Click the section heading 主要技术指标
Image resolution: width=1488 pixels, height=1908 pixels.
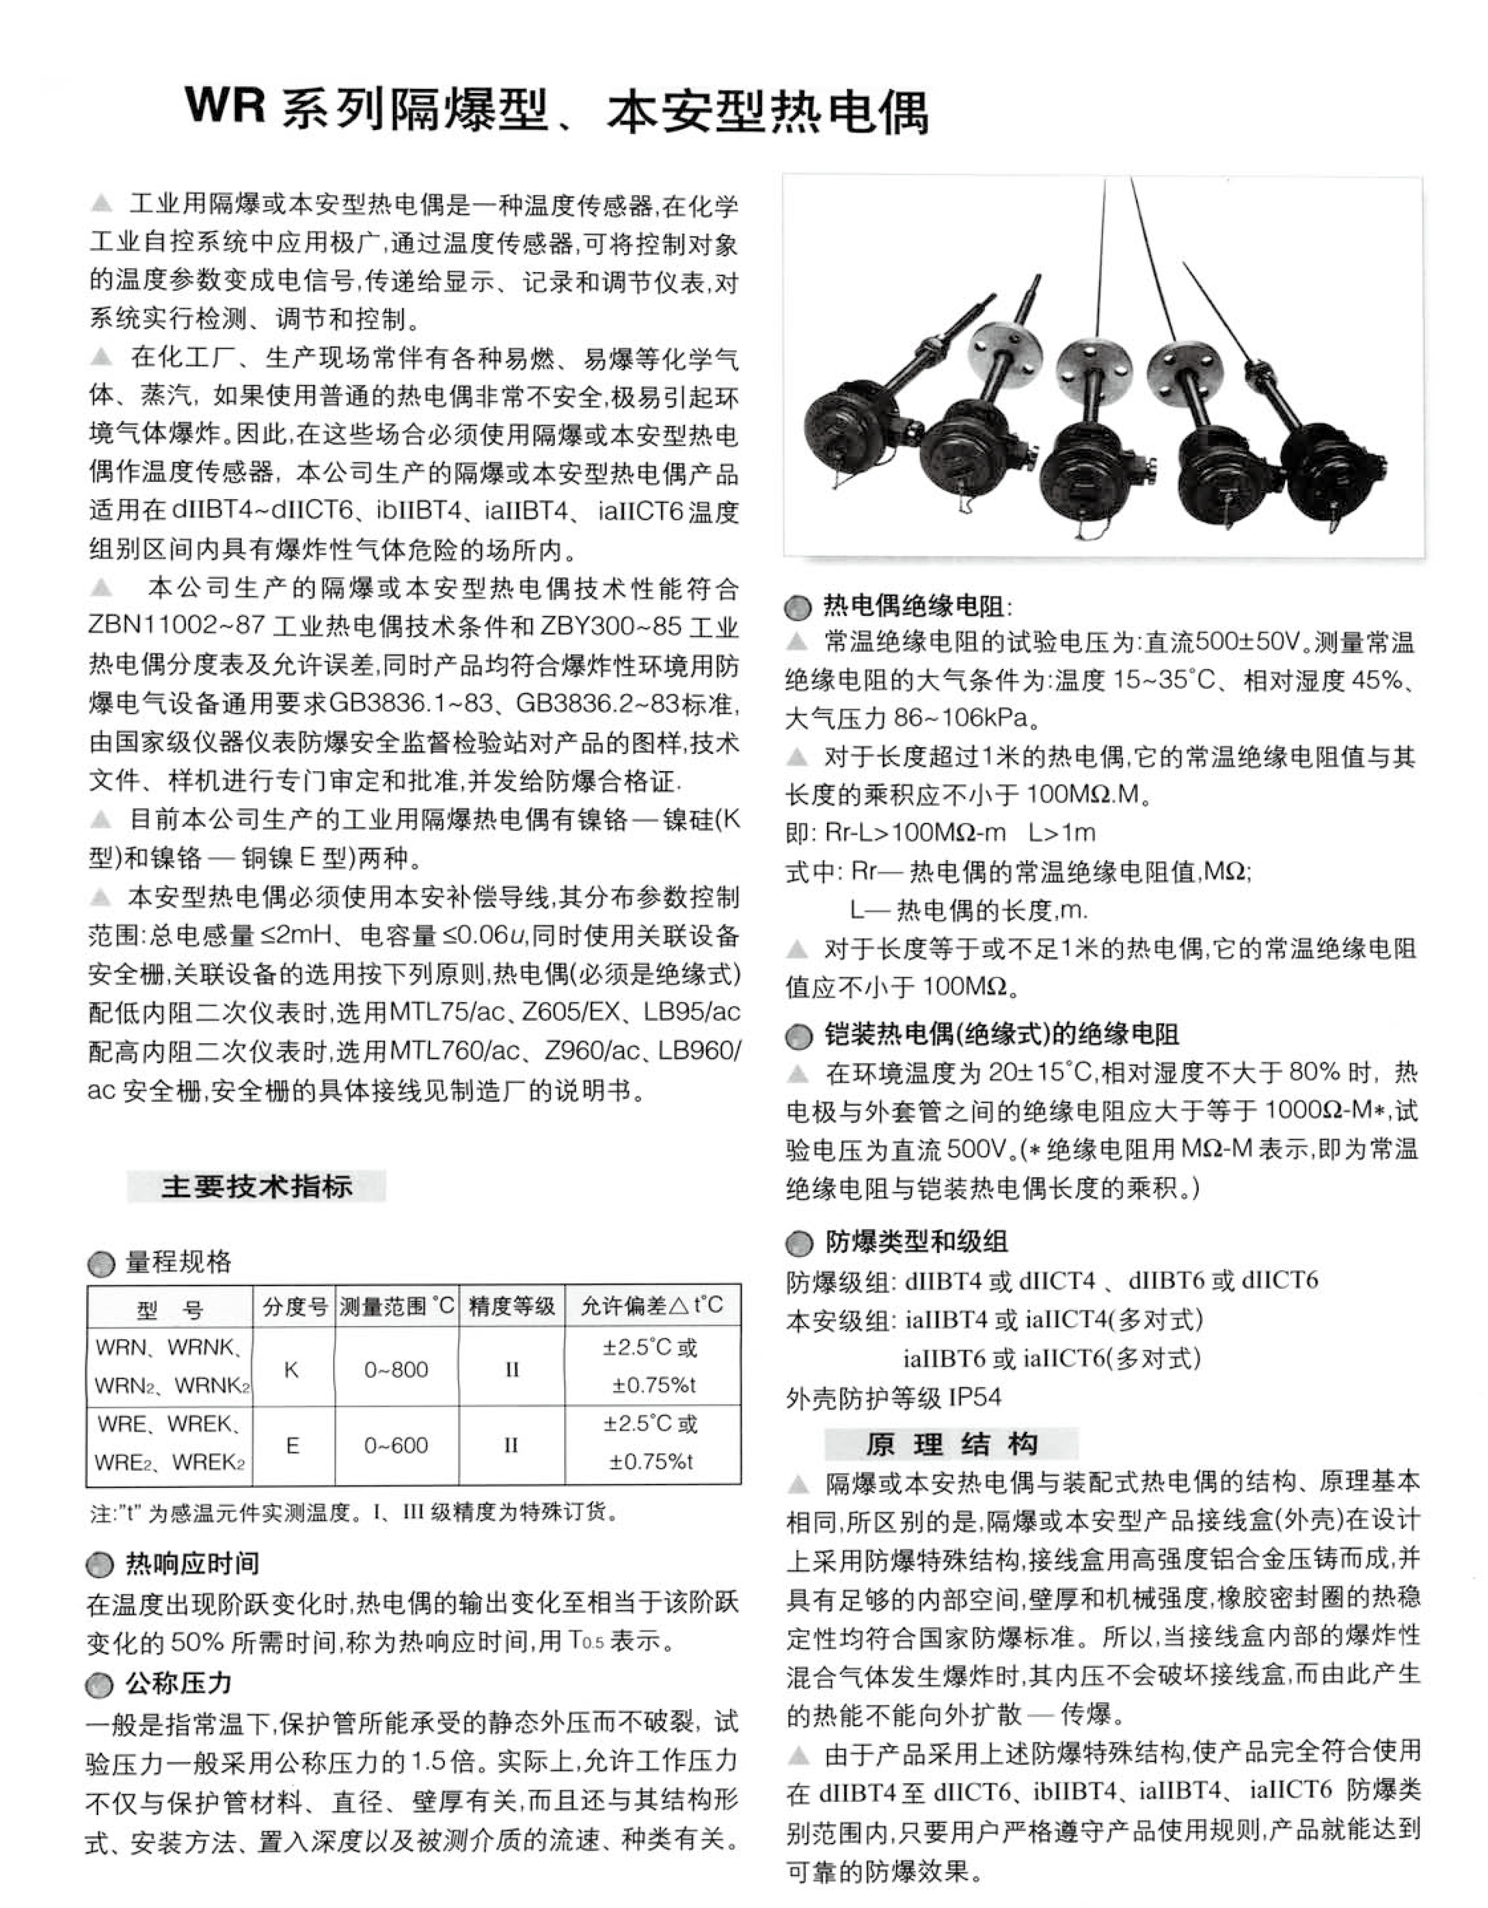[x=256, y=1186]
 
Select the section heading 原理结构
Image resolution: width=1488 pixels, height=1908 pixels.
[x=952, y=1444]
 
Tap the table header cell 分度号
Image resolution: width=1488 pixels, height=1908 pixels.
[x=294, y=1307]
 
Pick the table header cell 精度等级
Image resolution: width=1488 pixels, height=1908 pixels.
[x=512, y=1307]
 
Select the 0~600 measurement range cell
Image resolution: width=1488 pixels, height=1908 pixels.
[x=396, y=1445]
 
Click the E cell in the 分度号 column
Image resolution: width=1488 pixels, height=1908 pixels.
[x=293, y=1445]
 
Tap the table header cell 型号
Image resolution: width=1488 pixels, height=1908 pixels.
[x=170, y=1309]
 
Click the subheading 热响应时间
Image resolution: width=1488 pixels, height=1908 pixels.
[x=192, y=1564]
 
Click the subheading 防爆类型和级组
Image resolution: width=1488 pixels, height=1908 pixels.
[x=917, y=1242]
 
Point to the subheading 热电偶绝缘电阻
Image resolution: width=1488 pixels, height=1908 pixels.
[x=918, y=605]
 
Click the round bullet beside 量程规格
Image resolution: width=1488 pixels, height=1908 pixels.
[x=102, y=1263]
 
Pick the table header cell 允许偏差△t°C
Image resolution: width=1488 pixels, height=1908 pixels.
[x=652, y=1306]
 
